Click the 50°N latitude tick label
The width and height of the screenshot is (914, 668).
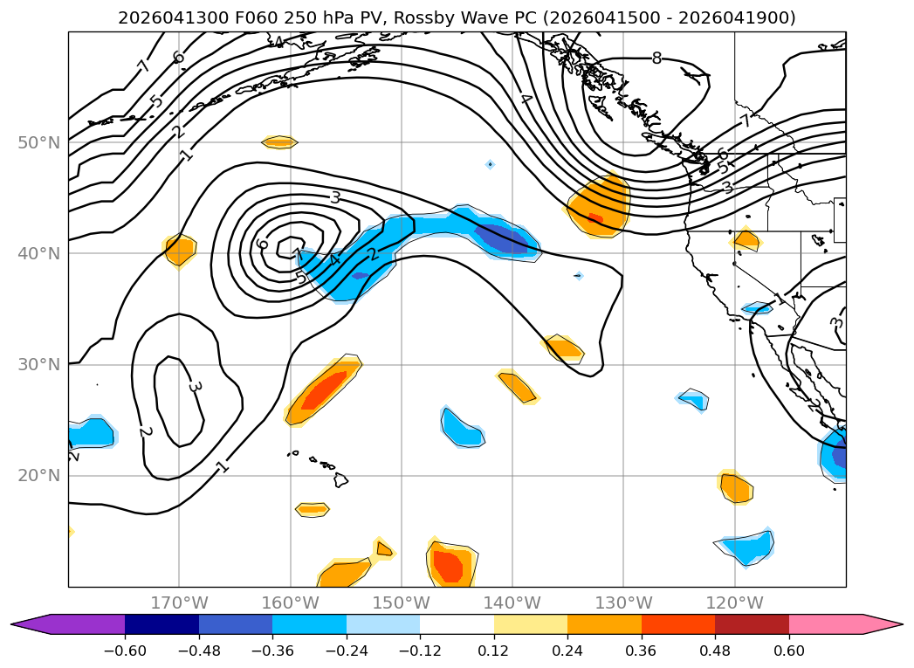tap(38, 142)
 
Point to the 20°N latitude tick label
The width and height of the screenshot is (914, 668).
tap(38, 476)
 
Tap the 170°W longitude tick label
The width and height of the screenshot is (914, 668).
tap(179, 603)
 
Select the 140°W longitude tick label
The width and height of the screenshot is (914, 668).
tap(512, 603)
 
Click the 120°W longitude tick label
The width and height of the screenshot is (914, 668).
tap(734, 603)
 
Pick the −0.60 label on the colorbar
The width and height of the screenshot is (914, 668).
tap(125, 651)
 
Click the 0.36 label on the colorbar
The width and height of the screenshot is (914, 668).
tap(642, 651)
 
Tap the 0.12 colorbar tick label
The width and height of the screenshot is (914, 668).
tap(494, 651)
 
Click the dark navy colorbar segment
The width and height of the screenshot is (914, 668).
tap(162, 624)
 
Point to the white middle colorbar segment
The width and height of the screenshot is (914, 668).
tap(457, 624)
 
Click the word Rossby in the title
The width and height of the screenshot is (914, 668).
tap(425, 18)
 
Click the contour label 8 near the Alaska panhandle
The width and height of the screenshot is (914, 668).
tap(657, 59)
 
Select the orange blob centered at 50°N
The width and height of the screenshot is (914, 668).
tap(280, 141)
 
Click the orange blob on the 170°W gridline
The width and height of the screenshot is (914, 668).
tap(180, 251)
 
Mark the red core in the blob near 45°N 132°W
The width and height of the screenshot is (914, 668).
tap(595, 218)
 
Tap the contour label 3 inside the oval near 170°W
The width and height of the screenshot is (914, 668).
tap(196, 387)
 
